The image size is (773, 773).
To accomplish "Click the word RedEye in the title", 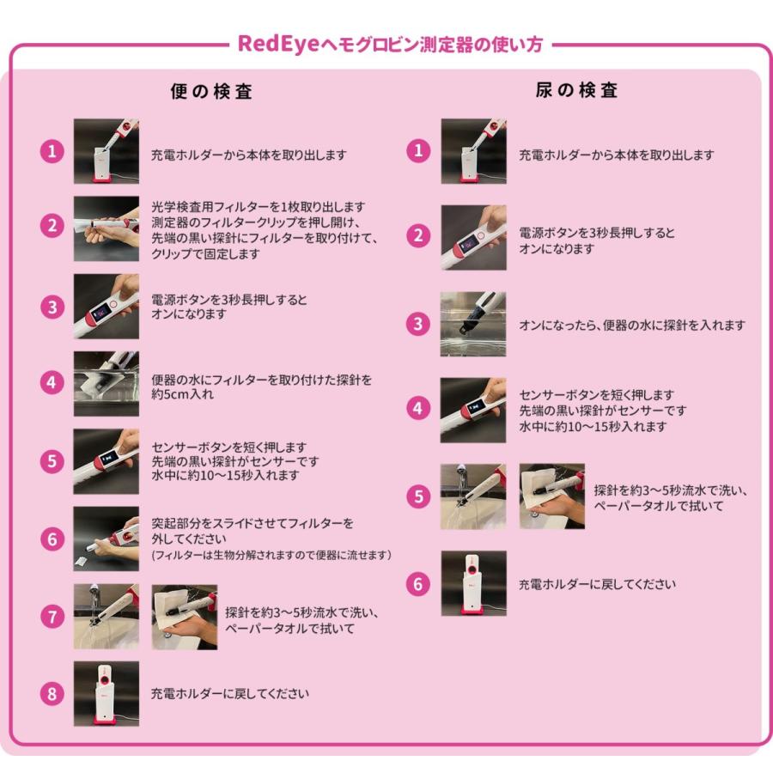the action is tap(278, 44).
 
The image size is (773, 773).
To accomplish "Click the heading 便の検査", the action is tap(211, 91).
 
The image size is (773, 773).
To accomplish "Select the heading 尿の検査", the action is tap(577, 90).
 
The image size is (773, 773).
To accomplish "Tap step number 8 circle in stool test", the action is tap(52, 694).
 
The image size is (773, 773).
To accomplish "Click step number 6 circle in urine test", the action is tap(418, 584).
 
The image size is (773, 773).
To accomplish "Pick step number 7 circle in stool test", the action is tap(52, 616).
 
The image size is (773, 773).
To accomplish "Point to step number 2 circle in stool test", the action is tap(52, 226).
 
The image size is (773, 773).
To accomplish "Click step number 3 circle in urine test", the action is tap(418, 324).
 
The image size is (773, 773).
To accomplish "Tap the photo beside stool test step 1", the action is tap(107, 151).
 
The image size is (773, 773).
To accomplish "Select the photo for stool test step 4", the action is tap(107, 384).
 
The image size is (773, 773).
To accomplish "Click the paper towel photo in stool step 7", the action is tap(185, 617).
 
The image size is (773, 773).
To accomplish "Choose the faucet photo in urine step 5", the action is tap(473, 496).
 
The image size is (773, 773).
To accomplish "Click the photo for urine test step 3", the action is tap(473, 324).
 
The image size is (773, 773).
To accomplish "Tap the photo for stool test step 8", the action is tap(107, 694).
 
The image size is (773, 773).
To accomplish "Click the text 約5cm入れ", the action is tap(182, 394).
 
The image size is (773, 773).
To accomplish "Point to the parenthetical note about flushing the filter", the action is tap(271, 555).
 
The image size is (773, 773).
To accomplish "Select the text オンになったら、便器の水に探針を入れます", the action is tap(632, 325).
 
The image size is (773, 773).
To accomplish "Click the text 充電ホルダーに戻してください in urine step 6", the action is tap(597, 584).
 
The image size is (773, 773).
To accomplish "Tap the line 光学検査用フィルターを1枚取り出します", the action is tap(259, 206).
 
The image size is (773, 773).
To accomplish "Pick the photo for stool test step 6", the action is tap(107, 539).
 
